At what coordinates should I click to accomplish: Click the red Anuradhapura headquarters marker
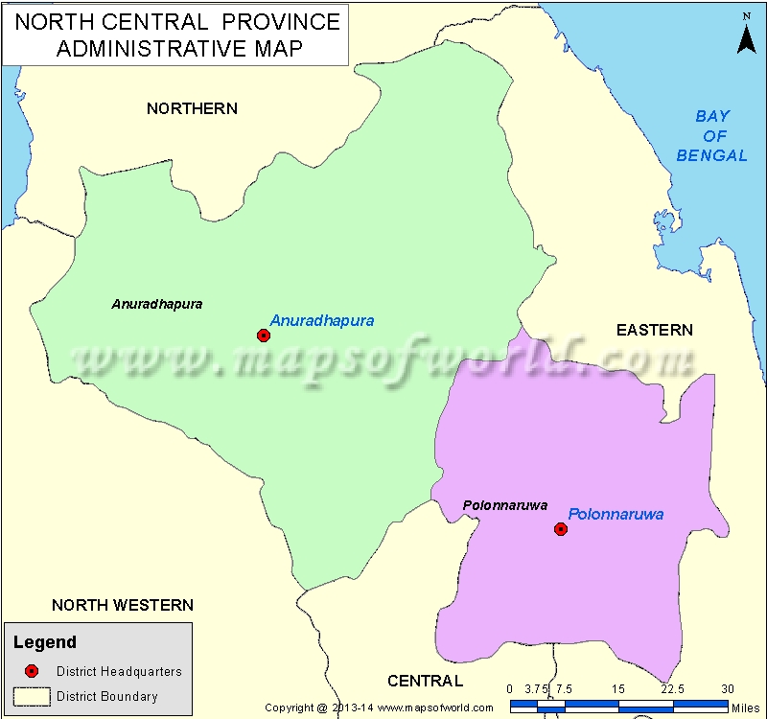[x=264, y=335]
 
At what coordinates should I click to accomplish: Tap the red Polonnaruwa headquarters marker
[x=561, y=528]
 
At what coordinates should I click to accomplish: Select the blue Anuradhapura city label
[x=322, y=320]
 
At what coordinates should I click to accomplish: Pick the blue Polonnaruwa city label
[x=616, y=514]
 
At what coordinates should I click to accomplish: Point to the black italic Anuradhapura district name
[x=157, y=304]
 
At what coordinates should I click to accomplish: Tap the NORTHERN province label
[x=192, y=108]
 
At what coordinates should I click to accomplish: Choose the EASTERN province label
[x=654, y=330]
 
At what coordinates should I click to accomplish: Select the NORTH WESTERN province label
[x=123, y=605]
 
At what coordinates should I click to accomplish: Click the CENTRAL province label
[x=425, y=681]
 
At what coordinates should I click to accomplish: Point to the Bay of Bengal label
[x=711, y=135]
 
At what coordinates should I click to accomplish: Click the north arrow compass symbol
[x=745, y=35]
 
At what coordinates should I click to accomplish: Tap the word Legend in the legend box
[x=46, y=642]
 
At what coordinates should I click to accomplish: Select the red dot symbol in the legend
[x=32, y=671]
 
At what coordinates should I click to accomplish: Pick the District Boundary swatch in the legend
[x=32, y=696]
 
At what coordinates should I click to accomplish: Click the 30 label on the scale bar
[x=728, y=688]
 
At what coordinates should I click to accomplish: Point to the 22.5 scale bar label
[x=673, y=688]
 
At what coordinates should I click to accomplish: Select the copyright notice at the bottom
[x=392, y=708]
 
